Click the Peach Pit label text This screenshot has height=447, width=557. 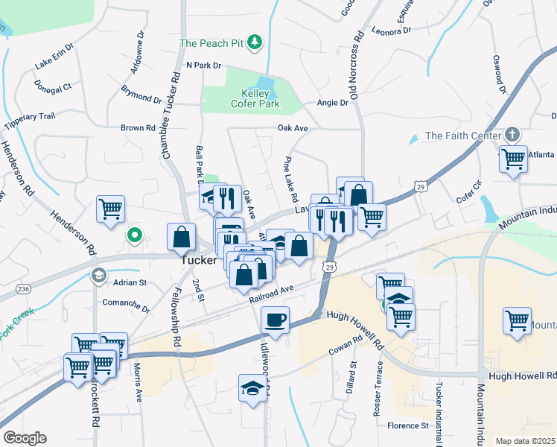click(212, 42)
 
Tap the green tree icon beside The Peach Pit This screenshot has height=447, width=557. click(256, 40)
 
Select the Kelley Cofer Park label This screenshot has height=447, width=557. click(249, 98)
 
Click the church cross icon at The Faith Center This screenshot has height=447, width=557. click(512, 135)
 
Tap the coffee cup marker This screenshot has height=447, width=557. click(275, 320)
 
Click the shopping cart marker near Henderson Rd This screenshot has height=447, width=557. click(111, 209)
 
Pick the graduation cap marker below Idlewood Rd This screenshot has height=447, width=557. click(252, 388)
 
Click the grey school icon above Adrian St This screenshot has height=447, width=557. click(98, 276)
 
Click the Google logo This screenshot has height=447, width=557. click(25, 438)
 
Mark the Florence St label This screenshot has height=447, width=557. click(407, 426)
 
